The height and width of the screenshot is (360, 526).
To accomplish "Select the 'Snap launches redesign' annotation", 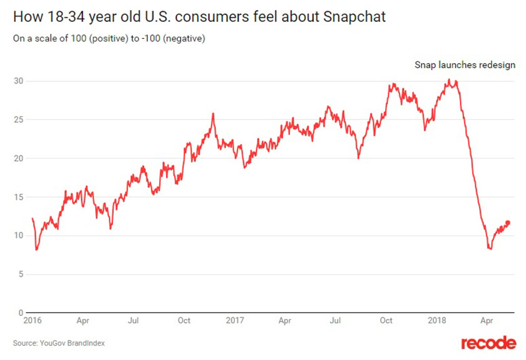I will click(x=465, y=64).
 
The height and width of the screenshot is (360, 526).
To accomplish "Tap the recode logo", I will click(x=488, y=343).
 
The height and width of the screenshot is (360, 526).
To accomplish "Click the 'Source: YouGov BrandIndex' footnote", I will click(x=59, y=342).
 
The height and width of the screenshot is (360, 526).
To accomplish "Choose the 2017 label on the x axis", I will click(x=234, y=321).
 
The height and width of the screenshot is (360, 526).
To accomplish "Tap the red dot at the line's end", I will click(x=507, y=222).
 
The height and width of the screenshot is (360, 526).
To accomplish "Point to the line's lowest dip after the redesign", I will click(x=490, y=249).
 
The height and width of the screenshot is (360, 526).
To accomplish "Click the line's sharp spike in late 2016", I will click(x=213, y=114).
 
